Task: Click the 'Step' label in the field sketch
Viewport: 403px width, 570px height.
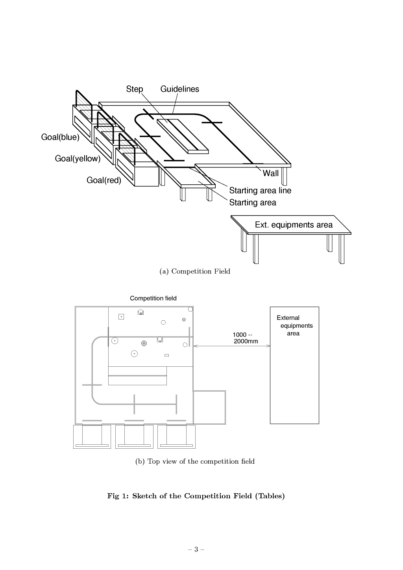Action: pyautogui.click(x=135, y=89)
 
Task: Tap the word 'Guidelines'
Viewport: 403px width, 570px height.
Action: pyautogui.click(x=179, y=89)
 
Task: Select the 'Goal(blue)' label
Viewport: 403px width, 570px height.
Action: pyautogui.click(x=60, y=137)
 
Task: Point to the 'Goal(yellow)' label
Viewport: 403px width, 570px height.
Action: pyautogui.click(x=78, y=158)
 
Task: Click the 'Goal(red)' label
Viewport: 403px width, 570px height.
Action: pyautogui.click(x=104, y=180)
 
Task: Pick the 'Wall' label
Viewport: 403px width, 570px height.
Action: pyautogui.click(x=270, y=173)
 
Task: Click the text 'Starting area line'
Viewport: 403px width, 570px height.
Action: pyautogui.click(x=260, y=190)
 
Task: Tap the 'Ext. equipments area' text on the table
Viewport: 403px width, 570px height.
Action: pyautogui.click(x=294, y=225)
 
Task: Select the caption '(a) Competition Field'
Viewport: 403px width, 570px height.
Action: pyautogui.click(x=195, y=271)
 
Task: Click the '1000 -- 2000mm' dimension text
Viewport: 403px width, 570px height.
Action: pyautogui.click(x=245, y=338)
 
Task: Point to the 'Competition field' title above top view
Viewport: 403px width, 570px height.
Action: pyautogui.click(x=153, y=298)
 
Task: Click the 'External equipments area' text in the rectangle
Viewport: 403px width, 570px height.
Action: pyautogui.click(x=295, y=325)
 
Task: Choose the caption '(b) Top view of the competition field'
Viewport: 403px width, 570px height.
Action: pyautogui.click(x=195, y=461)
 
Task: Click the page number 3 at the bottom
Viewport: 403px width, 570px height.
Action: pyautogui.click(x=196, y=550)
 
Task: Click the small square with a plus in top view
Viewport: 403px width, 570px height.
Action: pyautogui.click(x=121, y=317)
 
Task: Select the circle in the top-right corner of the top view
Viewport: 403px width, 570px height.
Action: pyautogui.click(x=190, y=309)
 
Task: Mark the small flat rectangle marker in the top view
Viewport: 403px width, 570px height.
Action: pyautogui.click(x=167, y=355)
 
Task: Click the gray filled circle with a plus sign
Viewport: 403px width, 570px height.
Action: pyautogui.click(x=144, y=343)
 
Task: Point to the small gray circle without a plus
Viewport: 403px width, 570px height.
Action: pyautogui.click(x=184, y=319)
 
